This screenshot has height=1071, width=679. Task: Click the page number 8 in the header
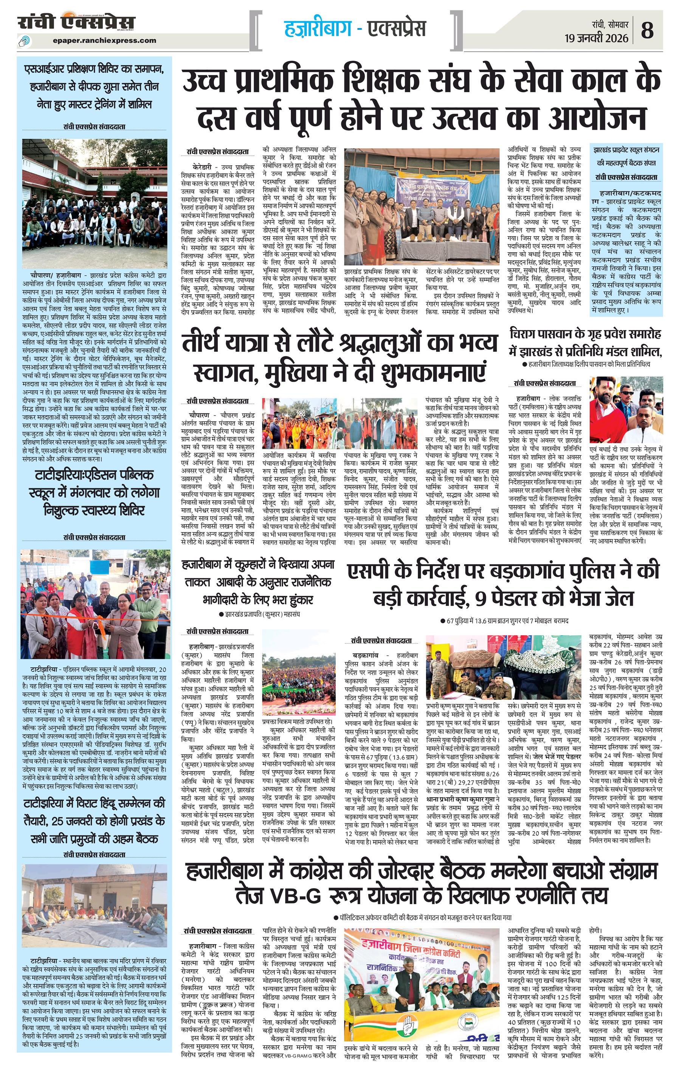tap(647, 31)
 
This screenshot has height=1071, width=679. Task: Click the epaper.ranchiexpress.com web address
tap(104, 40)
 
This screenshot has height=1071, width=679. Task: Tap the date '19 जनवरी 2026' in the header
tap(596, 38)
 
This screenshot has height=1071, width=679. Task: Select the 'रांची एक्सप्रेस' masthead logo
tap(76, 22)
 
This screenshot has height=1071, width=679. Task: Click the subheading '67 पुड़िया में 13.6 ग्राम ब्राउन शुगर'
tap(507, 621)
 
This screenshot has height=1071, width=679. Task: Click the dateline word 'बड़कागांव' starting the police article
tap(366, 656)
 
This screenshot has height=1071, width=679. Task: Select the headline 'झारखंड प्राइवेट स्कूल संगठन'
tap(626, 150)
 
